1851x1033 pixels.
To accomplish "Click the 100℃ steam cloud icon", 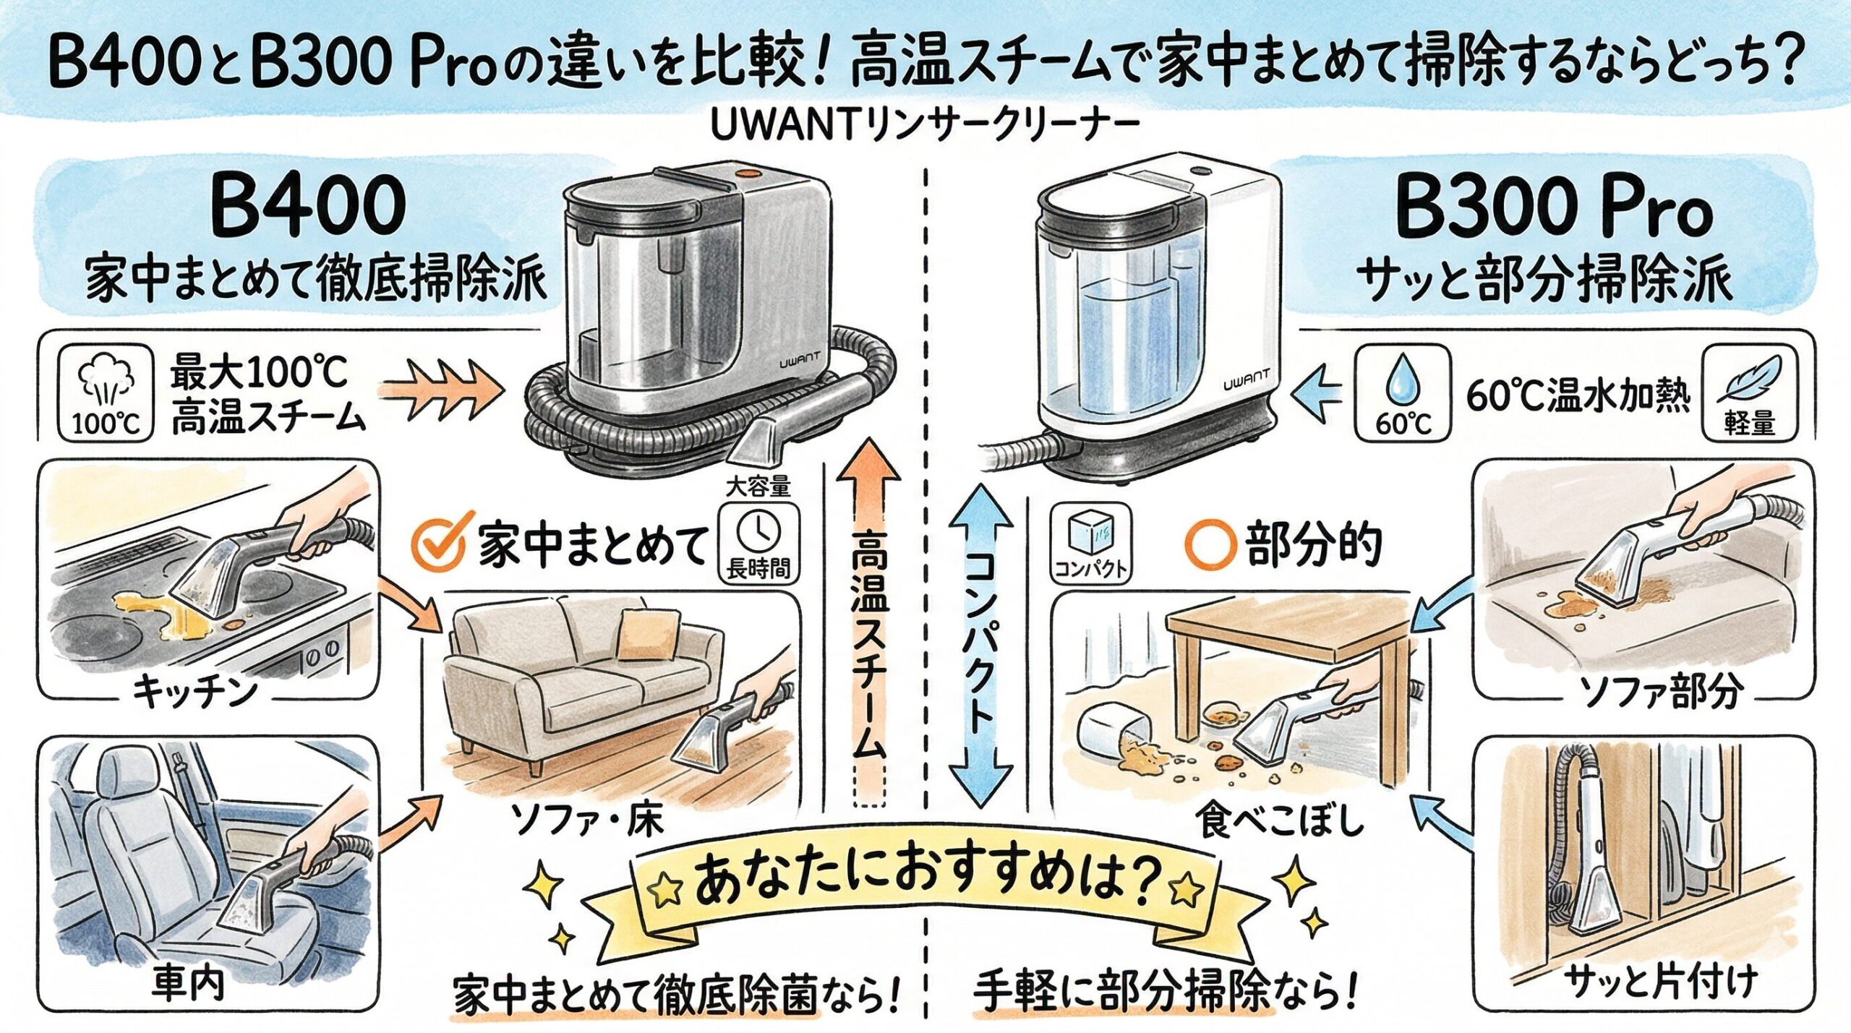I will click(106, 394).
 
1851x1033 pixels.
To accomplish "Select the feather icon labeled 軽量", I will click(1749, 394).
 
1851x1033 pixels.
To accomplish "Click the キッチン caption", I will click(195, 693).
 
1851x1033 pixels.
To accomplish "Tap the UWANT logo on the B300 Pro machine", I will click(1246, 384).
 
